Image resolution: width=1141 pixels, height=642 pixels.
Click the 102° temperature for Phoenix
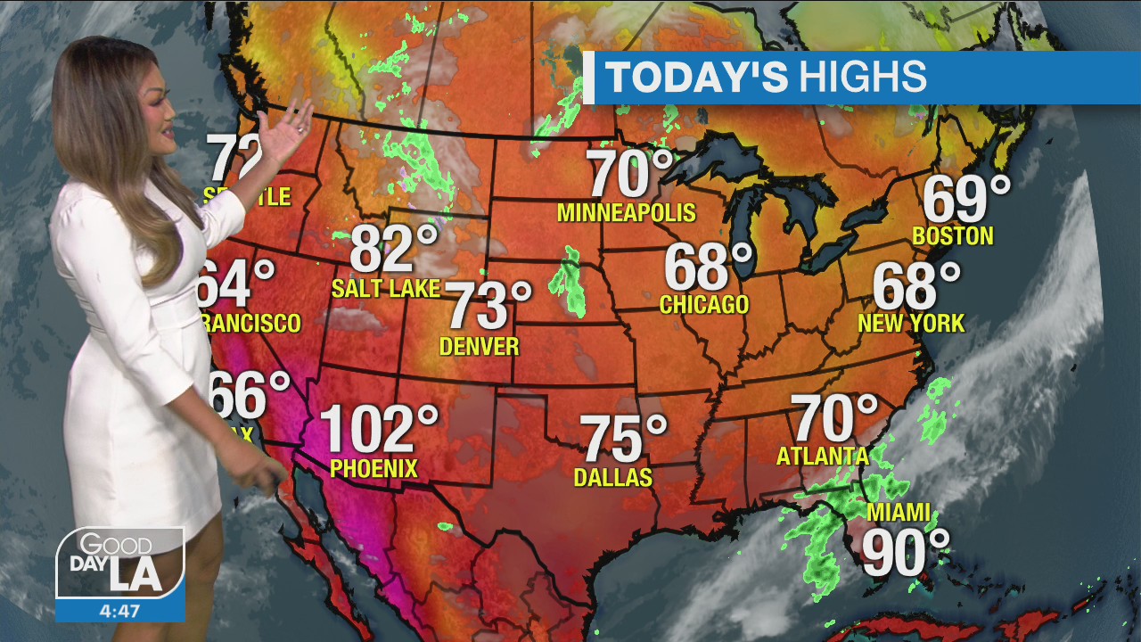[379, 429]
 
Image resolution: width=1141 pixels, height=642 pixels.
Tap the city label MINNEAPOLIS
[626, 212]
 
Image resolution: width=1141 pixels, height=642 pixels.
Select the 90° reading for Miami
[905, 553]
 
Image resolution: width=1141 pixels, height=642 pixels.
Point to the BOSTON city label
[953, 236]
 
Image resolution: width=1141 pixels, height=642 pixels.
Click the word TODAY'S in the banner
[696, 78]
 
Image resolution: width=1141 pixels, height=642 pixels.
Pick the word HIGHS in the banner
[863, 78]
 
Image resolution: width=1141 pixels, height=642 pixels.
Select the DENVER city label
[480, 346]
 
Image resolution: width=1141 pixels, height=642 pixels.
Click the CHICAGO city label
[704, 305]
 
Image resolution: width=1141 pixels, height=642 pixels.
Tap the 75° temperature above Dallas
[624, 439]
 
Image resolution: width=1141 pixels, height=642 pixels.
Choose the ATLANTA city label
[822, 456]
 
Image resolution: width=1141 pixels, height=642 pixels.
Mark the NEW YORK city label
[911, 323]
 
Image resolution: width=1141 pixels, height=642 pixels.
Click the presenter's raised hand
[287, 130]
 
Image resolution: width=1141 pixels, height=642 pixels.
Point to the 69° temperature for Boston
[966, 200]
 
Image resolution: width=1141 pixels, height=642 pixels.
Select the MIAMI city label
[899, 514]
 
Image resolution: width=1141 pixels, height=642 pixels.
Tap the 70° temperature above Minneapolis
[630, 174]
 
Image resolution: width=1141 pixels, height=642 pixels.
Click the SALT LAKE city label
[386, 288]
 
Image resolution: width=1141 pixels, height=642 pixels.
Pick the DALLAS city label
[613, 477]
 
